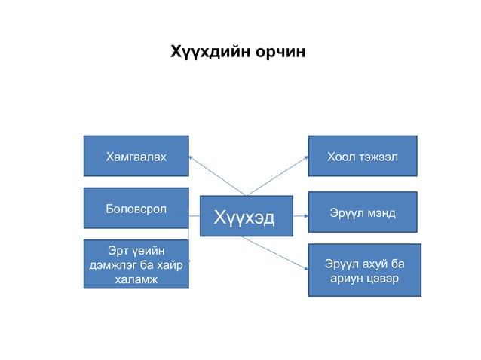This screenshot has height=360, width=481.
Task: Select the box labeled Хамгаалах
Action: coord(136,157)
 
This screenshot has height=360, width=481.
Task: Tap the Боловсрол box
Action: coord(136,208)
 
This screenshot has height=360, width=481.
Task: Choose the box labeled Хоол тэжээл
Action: coord(362,157)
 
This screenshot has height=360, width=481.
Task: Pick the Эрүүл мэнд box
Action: coord(362,213)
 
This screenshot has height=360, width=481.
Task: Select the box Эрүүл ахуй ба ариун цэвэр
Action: coord(364,270)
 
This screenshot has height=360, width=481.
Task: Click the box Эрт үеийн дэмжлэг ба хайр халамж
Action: coord(136,264)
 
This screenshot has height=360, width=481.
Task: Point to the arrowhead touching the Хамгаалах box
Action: coord(191,158)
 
